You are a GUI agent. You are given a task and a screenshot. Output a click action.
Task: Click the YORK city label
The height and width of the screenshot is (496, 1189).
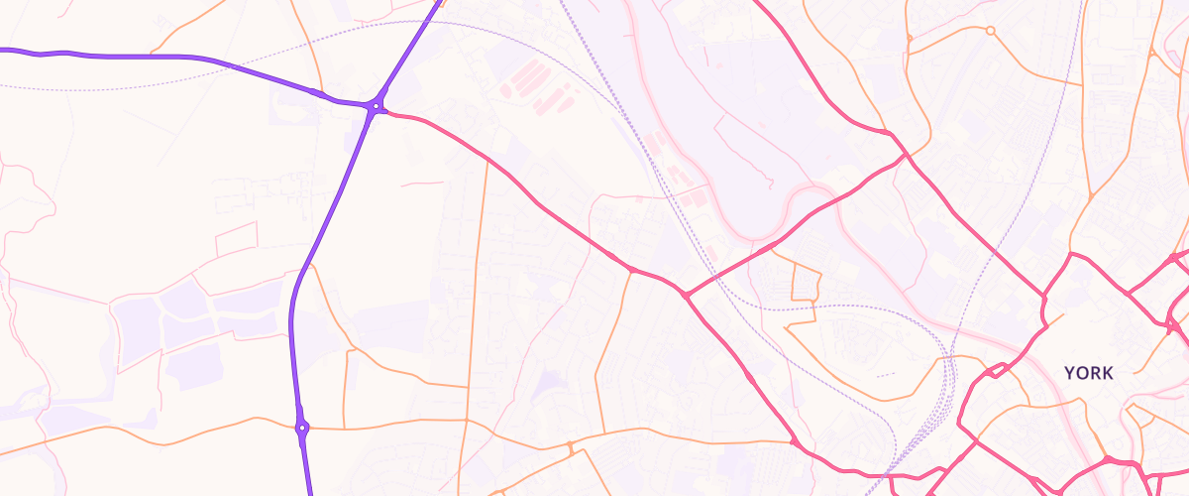click(x=1089, y=373)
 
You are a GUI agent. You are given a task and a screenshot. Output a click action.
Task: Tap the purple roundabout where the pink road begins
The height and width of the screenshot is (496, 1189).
click(x=376, y=105)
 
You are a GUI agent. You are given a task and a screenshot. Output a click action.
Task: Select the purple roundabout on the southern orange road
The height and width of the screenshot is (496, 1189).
click(x=302, y=429)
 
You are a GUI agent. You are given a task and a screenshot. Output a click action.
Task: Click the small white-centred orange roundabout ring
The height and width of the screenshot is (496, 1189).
click(x=990, y=31)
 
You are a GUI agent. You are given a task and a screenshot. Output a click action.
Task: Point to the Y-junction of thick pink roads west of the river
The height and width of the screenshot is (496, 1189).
click(x=686, y=295)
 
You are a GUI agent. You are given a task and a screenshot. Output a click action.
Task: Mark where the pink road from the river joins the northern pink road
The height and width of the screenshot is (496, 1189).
click(x=904, y=156)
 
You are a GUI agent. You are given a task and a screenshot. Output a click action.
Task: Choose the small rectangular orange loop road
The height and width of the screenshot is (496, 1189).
click(x=806, y=283)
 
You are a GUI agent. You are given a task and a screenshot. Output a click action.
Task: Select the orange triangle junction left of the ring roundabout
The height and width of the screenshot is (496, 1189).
click(x=910, y=39)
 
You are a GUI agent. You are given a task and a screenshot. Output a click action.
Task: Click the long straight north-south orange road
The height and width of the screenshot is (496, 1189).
click(x=477, y=298)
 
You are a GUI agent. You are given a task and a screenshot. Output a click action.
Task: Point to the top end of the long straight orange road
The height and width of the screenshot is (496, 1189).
click(x=486, y=163)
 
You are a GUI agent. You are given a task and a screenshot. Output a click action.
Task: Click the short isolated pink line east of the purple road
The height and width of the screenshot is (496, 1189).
click(x=423, y=184)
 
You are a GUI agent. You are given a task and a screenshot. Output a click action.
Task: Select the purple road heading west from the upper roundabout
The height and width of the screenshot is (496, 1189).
click(x=149, y=58)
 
